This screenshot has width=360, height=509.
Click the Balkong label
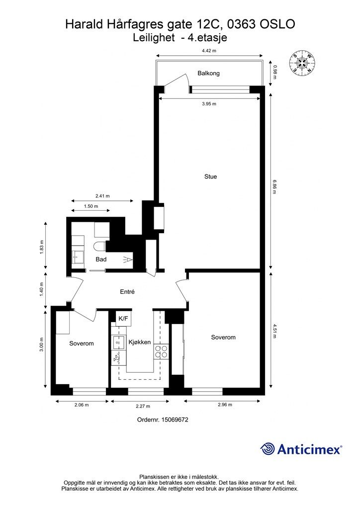coord(208,74)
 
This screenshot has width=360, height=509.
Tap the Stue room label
coord(210,176)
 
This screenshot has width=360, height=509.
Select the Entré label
coord(127,292)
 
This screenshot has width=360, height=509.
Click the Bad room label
coord(101,259)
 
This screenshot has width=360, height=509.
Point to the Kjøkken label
coord(140,342)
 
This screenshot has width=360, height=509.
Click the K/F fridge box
coord(123,319)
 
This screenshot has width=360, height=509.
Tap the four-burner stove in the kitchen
coord(161,351)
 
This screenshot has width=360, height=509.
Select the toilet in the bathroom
coord(99,247)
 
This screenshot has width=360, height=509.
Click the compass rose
coord(302,63)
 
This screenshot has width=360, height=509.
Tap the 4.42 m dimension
coord(209,50)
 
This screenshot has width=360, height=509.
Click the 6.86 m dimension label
coord(275,187)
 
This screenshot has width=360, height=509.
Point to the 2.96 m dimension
coord(225,405)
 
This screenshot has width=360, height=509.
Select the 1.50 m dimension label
coord(91,206)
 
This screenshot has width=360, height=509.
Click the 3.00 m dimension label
coord(42,345)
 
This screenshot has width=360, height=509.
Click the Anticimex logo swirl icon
coord(267,449)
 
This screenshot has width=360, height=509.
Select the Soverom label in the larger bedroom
coord(223,338)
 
